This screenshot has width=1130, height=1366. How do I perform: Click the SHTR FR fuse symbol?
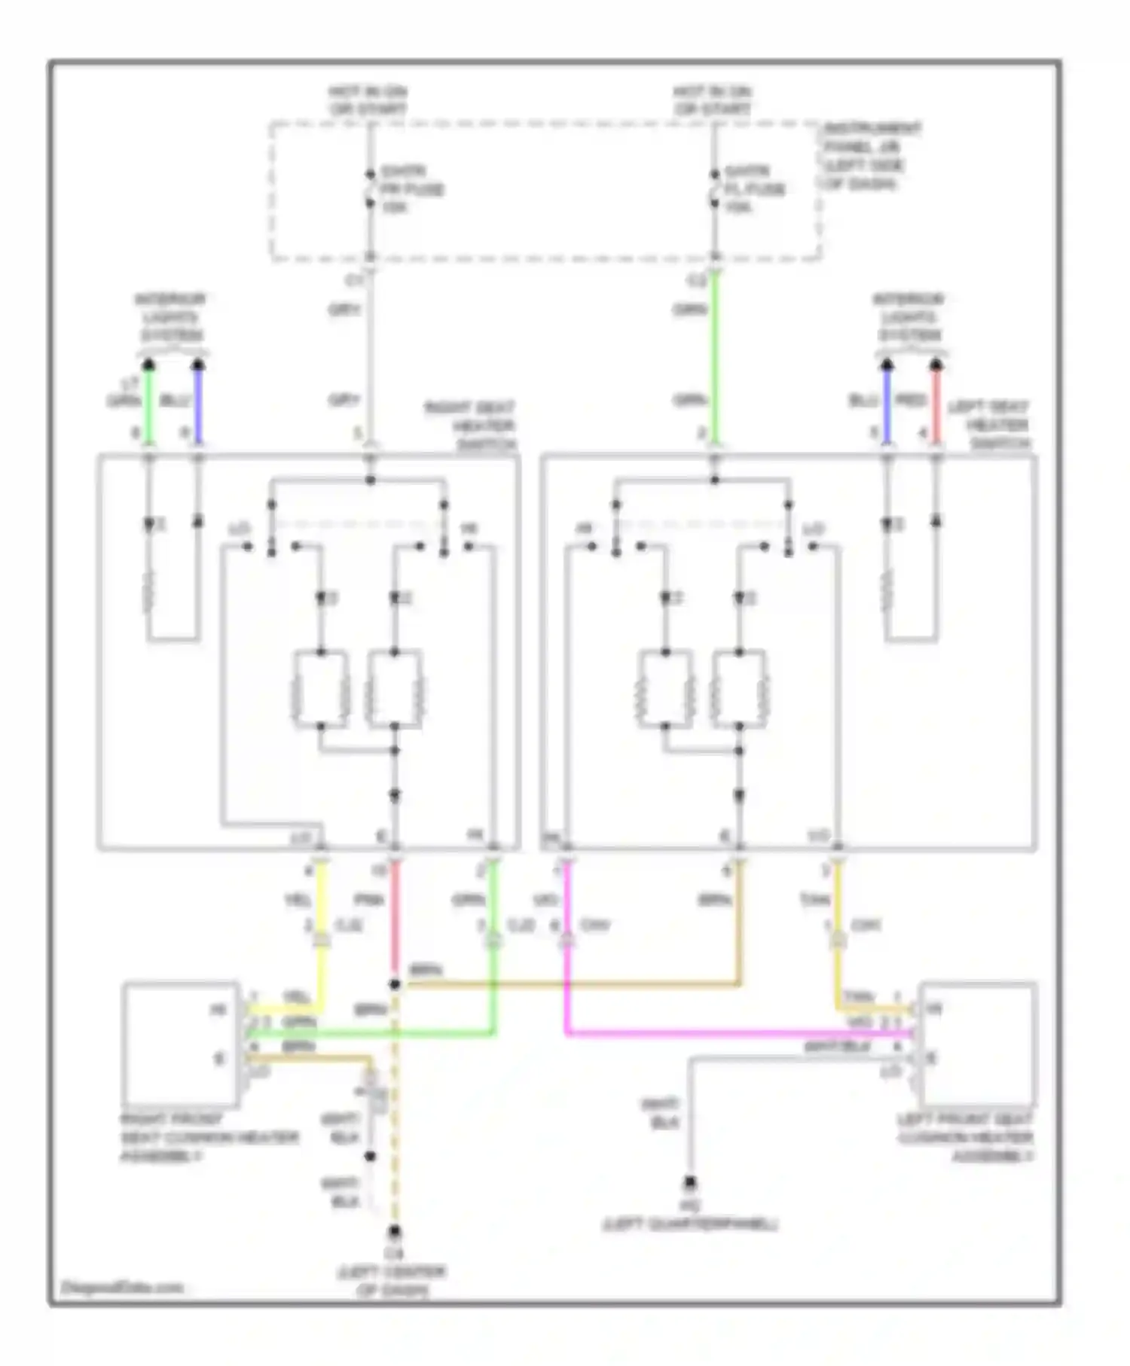coord(370,189)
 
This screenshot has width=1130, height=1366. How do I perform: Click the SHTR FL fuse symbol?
coord(714,189)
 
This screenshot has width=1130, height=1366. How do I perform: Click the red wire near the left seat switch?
coord(936,407)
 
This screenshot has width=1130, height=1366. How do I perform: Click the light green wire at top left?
coord(149,407)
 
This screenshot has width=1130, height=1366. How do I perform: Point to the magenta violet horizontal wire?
coord(738,1034)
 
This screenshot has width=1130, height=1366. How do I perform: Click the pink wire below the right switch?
coord(394,919)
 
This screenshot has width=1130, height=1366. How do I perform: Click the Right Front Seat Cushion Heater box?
coord(182,1044)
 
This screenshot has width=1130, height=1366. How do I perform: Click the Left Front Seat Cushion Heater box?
coord(978,1044)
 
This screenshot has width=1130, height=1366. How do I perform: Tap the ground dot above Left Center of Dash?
coord(394,1232)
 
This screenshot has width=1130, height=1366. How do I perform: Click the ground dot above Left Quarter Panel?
coord(690,1183)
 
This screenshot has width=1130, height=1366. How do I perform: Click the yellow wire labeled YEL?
coord(322,904)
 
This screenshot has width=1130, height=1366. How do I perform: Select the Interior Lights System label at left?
coord(171,317)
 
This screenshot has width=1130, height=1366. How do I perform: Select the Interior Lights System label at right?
coord(909,317)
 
